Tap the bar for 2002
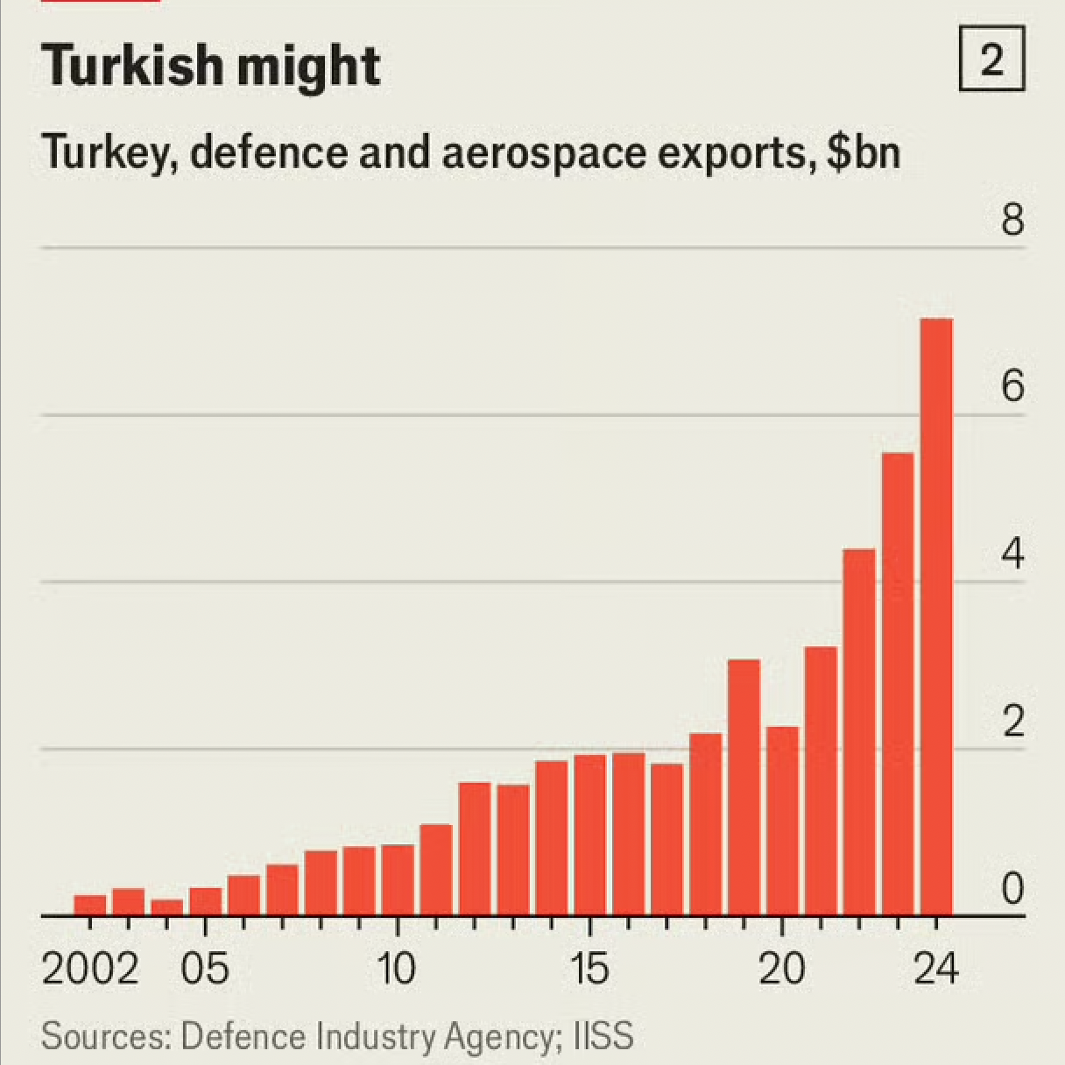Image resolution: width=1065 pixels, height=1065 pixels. click(x=89, y=905)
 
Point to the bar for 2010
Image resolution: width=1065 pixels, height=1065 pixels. click(x=398, y=879)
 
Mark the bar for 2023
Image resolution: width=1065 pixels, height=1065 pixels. click(x=898, y=683)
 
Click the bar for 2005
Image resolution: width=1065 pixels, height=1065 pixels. click(x=205, y=901)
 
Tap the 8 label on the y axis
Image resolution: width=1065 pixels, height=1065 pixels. click(x=1012, y=219)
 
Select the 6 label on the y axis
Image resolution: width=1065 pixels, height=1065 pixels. click(x=1012, y=386)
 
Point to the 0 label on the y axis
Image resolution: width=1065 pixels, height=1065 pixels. click(x=1012, y=889)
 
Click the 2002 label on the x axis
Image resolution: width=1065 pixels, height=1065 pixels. click(x=90, y=970)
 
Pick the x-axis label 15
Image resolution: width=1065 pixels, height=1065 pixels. click(x=589, y=970)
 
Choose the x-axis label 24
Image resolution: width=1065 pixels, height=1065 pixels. click(x=936, y=970)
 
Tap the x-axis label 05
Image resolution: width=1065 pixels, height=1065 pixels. click(x=205, y=970)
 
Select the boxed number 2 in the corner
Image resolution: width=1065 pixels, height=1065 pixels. click(x=991, y=60)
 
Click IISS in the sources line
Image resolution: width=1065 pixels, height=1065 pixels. click(x=603, y=1036)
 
